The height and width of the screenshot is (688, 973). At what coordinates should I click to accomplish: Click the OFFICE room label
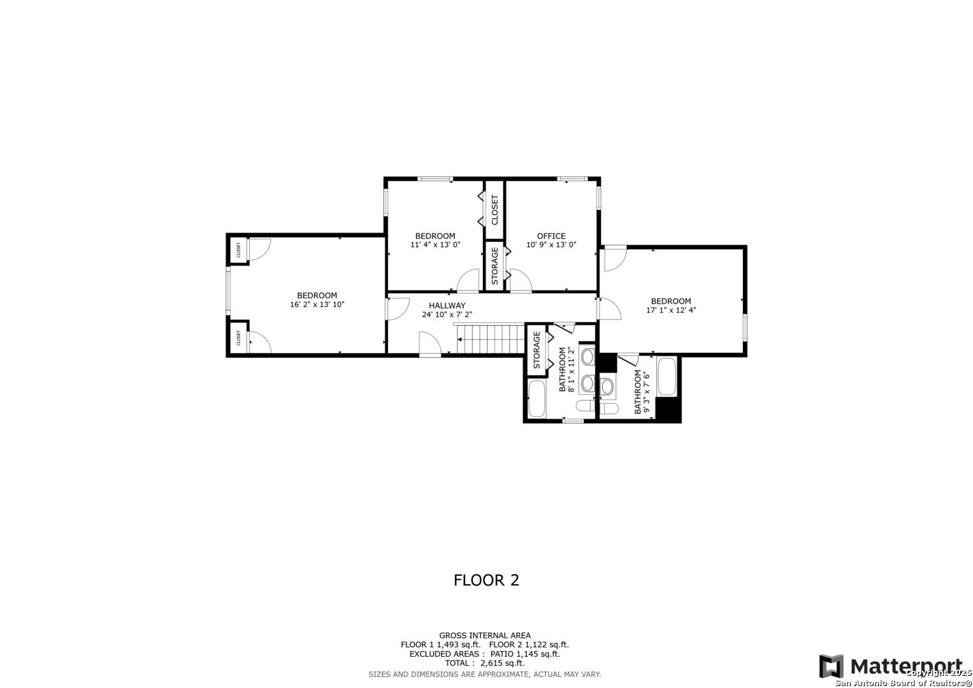click(x=551, y=236)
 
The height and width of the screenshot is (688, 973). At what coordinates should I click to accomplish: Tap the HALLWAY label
click(x=447, y=305)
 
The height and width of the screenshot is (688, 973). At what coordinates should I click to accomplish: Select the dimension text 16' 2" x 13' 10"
click(x=317, y=305)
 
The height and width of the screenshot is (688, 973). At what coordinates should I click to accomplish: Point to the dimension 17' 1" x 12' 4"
click(x=671, y=310)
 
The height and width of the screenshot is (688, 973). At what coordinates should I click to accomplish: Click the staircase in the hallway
click(x=491, y=339)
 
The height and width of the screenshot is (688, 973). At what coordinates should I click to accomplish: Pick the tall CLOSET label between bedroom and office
click(x=494, y=210)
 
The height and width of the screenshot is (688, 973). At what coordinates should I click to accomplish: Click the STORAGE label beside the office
click(x=494, y=266)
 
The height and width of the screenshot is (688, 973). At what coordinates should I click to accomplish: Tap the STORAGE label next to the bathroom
click(x=537, y=350)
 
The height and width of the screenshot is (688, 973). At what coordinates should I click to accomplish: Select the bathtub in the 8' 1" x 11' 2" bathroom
click(x=537, y=399)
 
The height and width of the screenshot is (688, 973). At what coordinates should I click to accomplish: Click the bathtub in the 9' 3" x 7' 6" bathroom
click(x=667, y=376)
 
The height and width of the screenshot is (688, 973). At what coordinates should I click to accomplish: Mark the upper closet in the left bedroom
click(x=238, y=249)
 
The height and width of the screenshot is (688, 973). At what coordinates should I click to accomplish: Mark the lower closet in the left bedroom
click(x=238, y=338)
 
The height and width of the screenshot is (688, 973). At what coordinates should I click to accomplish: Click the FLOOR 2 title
click(x=486, y=580)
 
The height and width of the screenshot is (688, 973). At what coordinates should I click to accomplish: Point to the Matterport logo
click(x=890, y=666)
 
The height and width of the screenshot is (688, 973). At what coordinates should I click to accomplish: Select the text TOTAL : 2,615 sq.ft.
click(x=484, y=663)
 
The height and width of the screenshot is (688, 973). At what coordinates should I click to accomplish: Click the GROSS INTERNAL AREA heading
click(x=485, y=636)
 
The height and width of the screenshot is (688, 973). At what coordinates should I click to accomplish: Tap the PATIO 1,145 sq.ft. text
click(x=525, y=654)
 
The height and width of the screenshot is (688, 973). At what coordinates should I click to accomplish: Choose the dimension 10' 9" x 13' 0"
click(x=551, y=245)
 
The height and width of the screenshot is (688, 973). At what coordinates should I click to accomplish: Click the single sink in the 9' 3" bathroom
click(x=607, y=386)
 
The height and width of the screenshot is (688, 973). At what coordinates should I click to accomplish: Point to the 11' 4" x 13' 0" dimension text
click(x=435, y=245)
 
